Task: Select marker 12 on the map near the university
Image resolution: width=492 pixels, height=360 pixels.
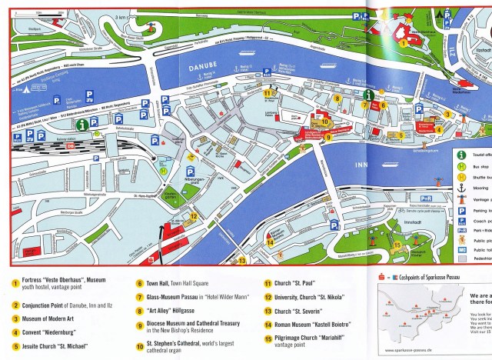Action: tap(194, 217)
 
